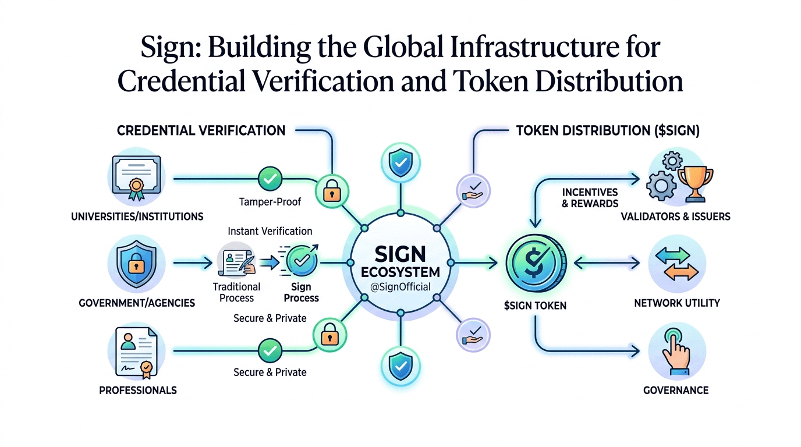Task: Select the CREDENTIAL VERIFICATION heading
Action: (201, 130)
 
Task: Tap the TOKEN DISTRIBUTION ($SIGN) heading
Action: (608, 131)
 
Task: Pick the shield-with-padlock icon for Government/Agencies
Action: (137, 264)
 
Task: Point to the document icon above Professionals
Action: (137, 353)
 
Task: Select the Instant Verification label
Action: (270, 231)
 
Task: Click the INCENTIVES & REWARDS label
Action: (590, 197)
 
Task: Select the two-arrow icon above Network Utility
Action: (676, 264)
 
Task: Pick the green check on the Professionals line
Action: (270, 350)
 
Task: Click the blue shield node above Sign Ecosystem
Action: (399, 164)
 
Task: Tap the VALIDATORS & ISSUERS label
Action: (675, 217)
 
